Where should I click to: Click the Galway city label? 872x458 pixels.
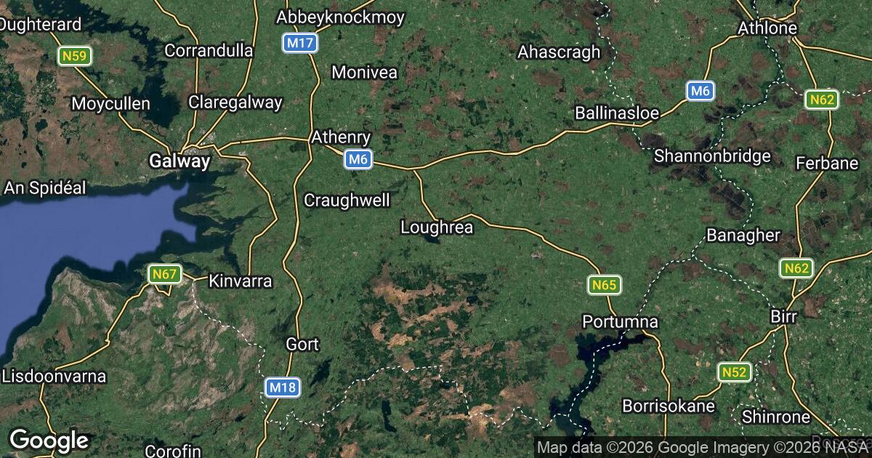pyautogui.click(x=179, y=161)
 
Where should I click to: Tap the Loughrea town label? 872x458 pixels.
pyautogui.click(x=437, y=228)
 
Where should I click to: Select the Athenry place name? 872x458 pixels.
pyautogui.click(x=341, y=137)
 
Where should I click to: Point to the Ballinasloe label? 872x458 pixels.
pyautogui.click(x=616, y=113)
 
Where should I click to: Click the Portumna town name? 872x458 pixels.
pyautogui.click(x=620, y=321)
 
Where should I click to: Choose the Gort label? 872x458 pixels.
pyautogui.click(x=302, y=344)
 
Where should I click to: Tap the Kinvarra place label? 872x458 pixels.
pyautogui.click(x=240, y=281)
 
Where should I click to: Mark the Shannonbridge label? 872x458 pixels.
pyautogui.click(x=712, y=156)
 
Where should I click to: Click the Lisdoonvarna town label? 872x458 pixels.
pyautogui.click(x=54, y=377)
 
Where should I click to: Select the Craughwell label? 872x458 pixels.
pyautogui.click(x=347, y=200)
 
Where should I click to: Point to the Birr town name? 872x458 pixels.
pyautogui.click(x=783, y=317)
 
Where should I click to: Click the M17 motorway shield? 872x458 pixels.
pyautogui.click(x=299, y=44)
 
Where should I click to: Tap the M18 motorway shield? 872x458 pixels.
pyautogui.click(x=282, y=387)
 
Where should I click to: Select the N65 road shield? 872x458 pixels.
pyautogui.click(x=604, y=286)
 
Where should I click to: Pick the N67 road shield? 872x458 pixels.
pyautogui.click(x=165, y=275)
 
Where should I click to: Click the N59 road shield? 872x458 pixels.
pyautogui.click(x=75, y=55)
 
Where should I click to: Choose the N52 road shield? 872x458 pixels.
pyautogui.click(x=734, y=373)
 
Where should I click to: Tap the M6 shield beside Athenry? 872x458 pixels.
pyautogui.click(x=359, y=159)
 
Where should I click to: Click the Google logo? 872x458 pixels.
pyautogui.click(x=49, y=440)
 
